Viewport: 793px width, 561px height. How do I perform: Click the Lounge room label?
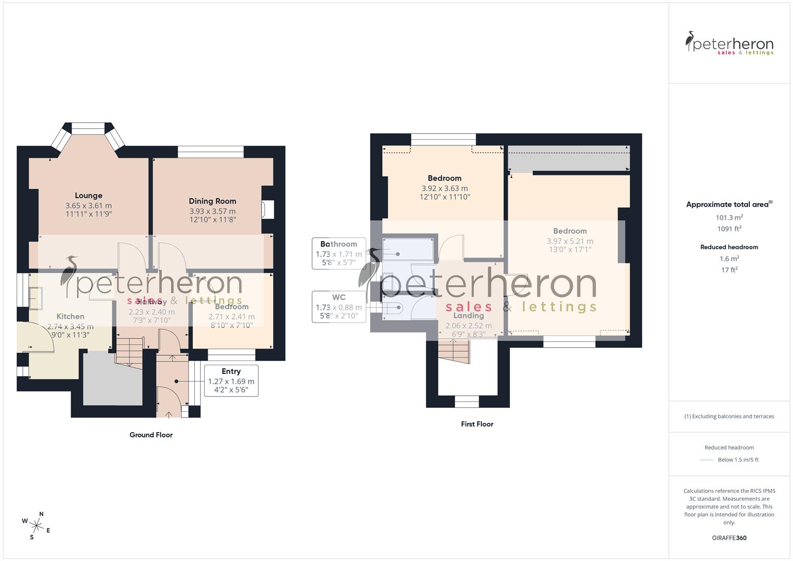[88, 196]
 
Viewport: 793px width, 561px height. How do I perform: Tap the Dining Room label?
[212, 201]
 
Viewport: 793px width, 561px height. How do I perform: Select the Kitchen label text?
[70, 316]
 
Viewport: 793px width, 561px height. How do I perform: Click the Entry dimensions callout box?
[231, 381]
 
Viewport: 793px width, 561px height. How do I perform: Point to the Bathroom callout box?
[339, 253]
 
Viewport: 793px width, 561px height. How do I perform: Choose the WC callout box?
[339, 306]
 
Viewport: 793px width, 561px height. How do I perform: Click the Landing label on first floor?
[468, 316]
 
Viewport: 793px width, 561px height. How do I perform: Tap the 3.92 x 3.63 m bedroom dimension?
[445, 189]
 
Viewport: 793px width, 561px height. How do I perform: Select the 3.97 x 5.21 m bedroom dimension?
[570, 241]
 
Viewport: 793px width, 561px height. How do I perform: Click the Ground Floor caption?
[151, 435]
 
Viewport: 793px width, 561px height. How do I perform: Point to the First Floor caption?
[477, 424]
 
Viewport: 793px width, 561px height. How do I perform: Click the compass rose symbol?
[36, 525]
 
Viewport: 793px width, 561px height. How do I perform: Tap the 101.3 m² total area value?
[729, 218]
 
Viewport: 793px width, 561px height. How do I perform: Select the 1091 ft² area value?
[729, 229]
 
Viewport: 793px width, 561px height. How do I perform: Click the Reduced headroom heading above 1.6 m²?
[729, 247]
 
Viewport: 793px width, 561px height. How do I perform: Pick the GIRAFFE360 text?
[729, 538]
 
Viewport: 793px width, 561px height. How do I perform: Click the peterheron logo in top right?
[729, 44]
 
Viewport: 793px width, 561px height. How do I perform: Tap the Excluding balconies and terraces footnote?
[729, 416]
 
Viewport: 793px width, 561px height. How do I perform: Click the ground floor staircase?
[129, 351]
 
